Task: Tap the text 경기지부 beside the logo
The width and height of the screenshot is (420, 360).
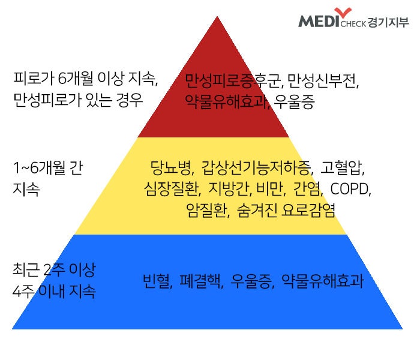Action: coord(388,23)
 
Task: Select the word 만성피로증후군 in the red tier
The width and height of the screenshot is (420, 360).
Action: coord(233,81)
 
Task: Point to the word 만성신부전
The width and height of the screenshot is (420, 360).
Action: coord(322,81)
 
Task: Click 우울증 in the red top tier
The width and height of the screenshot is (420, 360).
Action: coord(294,102)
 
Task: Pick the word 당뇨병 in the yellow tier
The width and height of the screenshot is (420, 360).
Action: coord(170,168)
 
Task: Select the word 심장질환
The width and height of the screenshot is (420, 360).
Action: coord(172,189)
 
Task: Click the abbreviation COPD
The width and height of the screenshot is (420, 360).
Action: coord(350,189)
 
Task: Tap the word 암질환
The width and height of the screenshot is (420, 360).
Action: coord(206,210)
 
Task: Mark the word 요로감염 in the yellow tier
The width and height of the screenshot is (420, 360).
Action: coord(308,210)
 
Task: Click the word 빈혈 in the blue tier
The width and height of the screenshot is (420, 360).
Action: coord(156,281)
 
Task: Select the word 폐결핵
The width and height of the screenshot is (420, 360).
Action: coord(200,281)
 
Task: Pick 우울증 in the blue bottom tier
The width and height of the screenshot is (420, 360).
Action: coord(251,281)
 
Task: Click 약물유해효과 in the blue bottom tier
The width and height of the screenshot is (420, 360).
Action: coord(323,281)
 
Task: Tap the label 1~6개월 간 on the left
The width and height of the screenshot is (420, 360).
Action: coord(48,168)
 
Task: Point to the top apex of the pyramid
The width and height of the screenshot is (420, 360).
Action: coord(217,16)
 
